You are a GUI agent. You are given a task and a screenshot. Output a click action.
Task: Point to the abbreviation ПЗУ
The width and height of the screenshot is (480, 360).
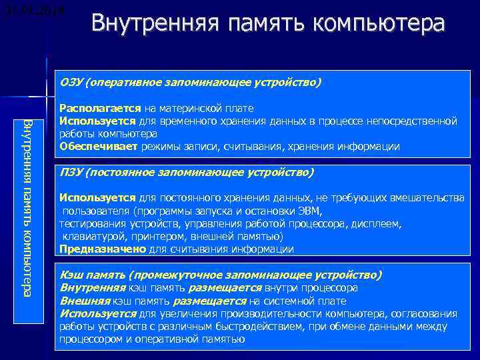[71, 173]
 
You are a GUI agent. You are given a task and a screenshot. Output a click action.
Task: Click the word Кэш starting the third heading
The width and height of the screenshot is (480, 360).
[71, 275]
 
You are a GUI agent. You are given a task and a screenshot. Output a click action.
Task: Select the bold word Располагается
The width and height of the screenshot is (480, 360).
[99, 107]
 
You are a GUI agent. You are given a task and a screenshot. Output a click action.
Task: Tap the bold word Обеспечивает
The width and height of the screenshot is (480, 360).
[98, 147]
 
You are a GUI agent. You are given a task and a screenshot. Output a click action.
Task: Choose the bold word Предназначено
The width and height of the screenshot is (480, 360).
[102, 249]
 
